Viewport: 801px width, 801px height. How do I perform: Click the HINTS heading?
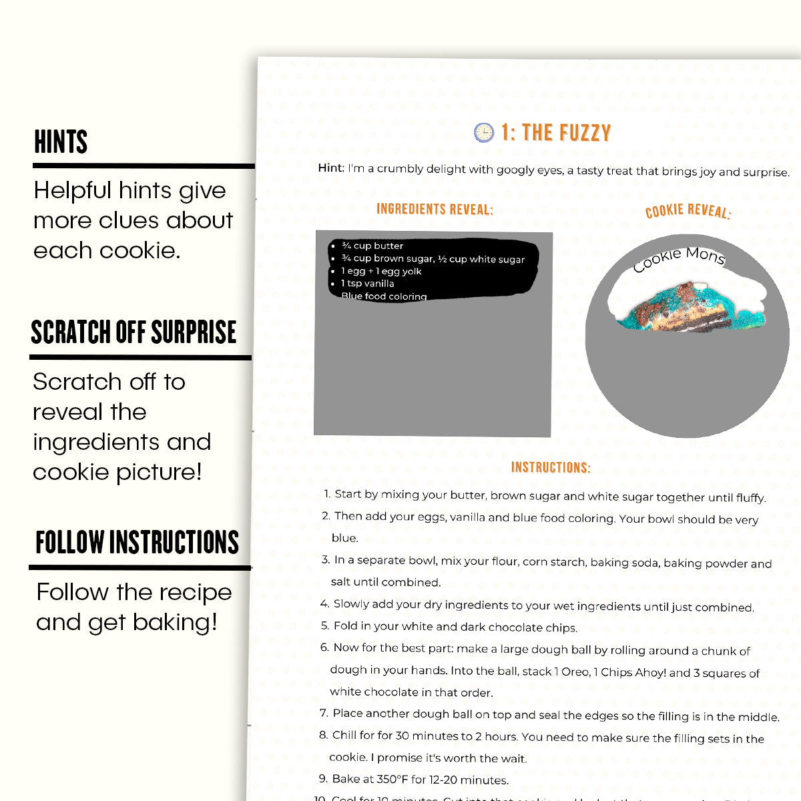61,142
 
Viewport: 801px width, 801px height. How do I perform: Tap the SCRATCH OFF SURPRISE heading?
133,332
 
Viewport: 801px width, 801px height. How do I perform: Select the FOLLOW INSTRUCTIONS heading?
137,542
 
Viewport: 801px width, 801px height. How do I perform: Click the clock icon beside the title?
483,132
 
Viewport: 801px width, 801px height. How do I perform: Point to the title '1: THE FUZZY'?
556,133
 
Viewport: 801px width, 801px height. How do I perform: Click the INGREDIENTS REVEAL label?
435,209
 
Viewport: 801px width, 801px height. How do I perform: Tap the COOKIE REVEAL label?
688,211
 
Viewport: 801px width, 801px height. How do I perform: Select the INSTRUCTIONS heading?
551,467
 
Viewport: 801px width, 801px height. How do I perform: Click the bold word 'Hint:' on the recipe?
331,168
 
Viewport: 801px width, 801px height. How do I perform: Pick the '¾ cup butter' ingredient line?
372,246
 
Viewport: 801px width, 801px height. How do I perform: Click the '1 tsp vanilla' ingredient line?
367,283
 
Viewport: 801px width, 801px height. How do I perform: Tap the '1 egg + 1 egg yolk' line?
381,271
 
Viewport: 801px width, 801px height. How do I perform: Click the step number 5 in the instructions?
324,625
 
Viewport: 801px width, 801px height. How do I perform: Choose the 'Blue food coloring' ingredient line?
384,296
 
